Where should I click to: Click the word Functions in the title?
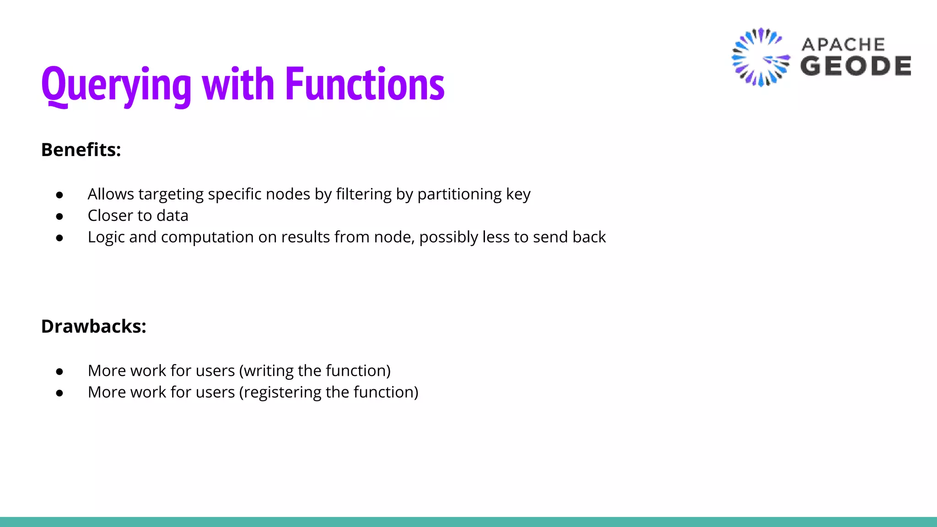pos(365,84)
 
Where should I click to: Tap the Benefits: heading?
pos(81,150)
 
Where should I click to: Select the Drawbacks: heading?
pos(93,327)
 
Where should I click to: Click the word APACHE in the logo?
pos(843,45)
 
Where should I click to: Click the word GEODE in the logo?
pos(856,66)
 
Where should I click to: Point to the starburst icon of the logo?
pos(760,57)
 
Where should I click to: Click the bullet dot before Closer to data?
pos(59,216)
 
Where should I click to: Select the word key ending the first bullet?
pos(518,194)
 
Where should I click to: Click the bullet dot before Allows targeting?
pos(59,195)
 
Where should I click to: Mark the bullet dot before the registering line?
pos(59,393)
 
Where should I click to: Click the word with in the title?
pos(238,84)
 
